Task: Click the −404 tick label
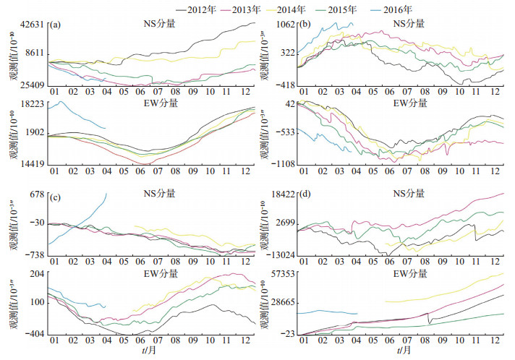click(x=35, y=335)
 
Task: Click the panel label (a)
click(x=55, y=25)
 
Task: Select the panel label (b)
click(x=305, y=25)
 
